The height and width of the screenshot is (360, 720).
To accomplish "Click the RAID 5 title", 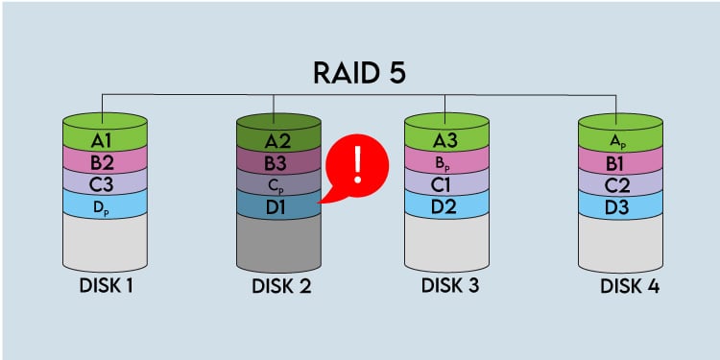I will [359, 73].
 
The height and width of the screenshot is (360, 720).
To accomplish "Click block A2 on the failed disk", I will [278, 140].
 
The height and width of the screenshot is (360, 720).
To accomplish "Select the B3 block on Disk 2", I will [278, 160].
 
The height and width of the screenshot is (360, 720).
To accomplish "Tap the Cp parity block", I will [278, 181].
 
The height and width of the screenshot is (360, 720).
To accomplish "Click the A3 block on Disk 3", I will [446, 140].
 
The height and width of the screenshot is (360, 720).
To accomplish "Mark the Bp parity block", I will [446, 160].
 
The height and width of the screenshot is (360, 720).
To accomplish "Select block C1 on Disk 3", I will [446, 181].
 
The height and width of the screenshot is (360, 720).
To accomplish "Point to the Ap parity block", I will [621, 140].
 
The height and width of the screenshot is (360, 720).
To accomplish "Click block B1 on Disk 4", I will [621, 160].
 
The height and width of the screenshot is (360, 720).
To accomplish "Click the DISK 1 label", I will [106, 286].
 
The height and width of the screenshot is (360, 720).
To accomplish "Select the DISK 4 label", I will [629, 286].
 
